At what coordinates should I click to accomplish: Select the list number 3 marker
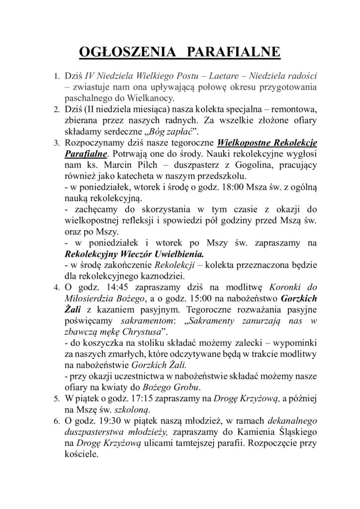56,143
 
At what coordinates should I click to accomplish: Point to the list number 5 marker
56,399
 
